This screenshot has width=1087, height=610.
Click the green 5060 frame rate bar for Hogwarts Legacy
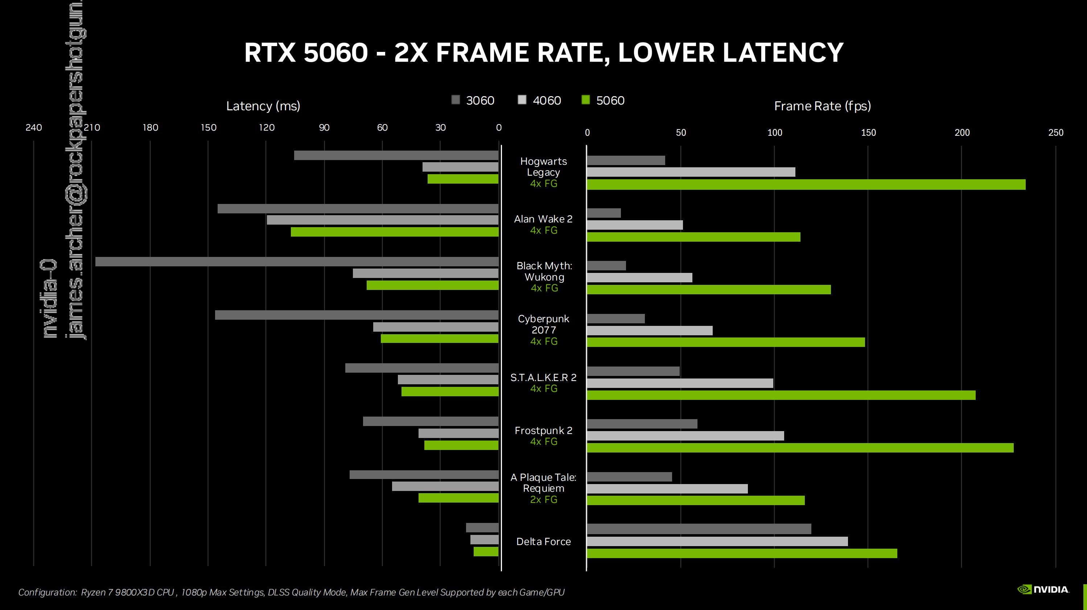[806, 184]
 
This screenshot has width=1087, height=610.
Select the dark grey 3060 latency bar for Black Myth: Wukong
[297, 262]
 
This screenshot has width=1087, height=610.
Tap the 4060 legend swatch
[522, 100]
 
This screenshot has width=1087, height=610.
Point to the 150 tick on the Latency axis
[208, 127]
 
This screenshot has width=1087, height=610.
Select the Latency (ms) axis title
[263, 106]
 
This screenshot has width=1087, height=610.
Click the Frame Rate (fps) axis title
[822, 106]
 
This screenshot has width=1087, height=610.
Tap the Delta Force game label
[543, 542]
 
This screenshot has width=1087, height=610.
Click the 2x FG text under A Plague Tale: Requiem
[543, 499]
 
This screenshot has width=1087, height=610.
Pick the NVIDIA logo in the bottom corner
[1043, 589]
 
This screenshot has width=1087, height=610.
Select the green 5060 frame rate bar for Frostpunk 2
[800, 448]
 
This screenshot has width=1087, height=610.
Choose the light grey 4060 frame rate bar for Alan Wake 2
[635, 225]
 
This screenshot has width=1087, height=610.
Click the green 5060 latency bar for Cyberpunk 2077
[439, 339]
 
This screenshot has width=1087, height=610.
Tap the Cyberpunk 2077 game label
[543, 324]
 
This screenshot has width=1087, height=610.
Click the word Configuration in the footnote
[47, 592]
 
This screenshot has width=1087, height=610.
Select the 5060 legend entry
[603, 101]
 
